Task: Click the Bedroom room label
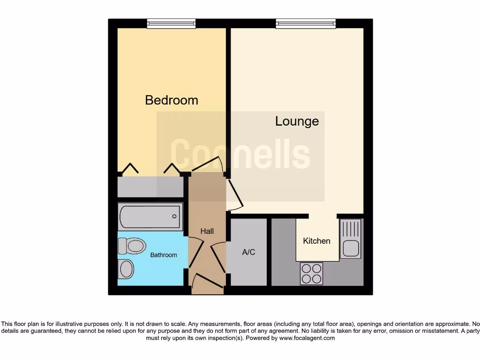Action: click(172, 100)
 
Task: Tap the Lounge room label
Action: click(297, 121)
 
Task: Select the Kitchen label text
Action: click(317, 241)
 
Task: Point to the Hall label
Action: click(207, 231)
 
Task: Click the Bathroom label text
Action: click(164, 255)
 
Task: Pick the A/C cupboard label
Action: click(248, 252)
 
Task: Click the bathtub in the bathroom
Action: click(150, 217)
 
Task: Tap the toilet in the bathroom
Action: click(132, 245)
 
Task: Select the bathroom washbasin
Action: click(127, 269)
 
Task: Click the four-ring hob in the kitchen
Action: click(311, 273)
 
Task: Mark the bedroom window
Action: click(171, 23)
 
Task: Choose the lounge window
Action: click(306, 23)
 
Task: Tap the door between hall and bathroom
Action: click(196, 253)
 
